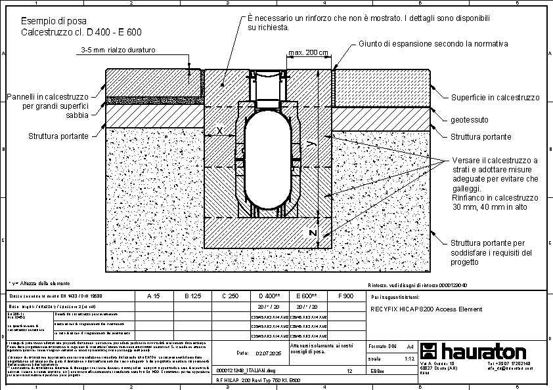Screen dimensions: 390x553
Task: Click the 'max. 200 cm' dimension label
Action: (308, 53)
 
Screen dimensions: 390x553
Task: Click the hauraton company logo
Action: (472, 351)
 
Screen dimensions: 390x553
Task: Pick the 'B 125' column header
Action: (191, 296)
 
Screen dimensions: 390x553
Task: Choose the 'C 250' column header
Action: (230, 296)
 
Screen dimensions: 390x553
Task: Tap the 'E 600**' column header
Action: (307, 296)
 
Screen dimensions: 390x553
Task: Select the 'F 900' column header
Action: (345, 296)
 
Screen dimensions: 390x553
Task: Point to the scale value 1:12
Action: (409, 359)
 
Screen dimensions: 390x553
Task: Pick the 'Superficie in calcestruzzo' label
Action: (495, 98)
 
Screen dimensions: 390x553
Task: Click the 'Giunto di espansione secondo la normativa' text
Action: (433, 44)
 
